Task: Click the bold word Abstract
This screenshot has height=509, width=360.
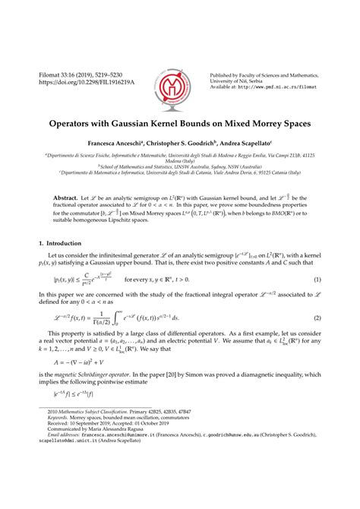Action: click(x=67, y=198)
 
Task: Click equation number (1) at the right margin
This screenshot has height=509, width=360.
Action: click(x=317, y=280)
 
